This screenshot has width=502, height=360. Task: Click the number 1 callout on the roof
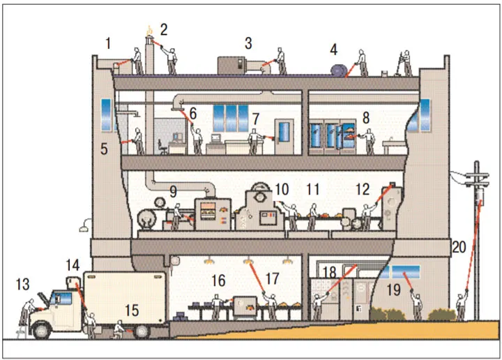[x=108, y=43]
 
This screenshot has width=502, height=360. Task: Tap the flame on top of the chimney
[x=149, y=31]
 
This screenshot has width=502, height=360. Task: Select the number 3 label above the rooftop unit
[x=248, y=43]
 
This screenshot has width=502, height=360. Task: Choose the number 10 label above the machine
[x=281, y=189]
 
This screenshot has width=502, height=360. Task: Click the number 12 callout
[x=362, y=189]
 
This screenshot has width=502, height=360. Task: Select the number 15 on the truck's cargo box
[x=132, y=310]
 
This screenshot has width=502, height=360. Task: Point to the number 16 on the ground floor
[x=219, y=280]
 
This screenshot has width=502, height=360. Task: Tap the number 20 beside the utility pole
[x=459, y=246]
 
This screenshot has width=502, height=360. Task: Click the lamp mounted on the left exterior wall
[x=85, y=225]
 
